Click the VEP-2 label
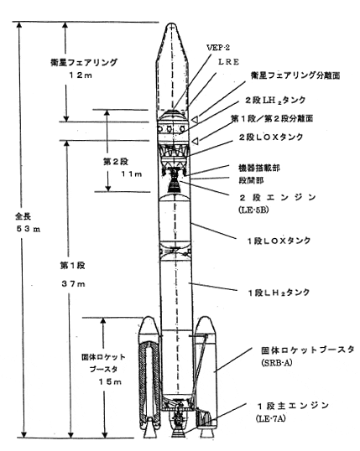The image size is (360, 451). (218, 48)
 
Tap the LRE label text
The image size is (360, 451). (229, 62)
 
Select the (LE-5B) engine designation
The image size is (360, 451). (253, 210)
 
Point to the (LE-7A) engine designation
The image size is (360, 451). (271, 418)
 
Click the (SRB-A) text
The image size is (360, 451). (277, 363)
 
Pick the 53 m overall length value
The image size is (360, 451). (29, 229)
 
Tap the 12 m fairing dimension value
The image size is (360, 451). (81, 75)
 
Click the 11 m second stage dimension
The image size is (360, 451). (132, 174)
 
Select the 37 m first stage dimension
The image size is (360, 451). (74, 284)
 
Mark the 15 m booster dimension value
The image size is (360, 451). (110, 381)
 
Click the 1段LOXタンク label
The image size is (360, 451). (279, 241)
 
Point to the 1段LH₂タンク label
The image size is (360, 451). (279, 293)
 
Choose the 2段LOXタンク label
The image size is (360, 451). (271, 137)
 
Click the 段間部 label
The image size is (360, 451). (251, 180)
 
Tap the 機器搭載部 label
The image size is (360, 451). (259, 168)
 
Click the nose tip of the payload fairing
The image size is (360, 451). (172, 23)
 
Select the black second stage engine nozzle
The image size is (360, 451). (174, 185)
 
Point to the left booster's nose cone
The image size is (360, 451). (149, 325)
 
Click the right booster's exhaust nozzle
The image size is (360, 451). (206, 432)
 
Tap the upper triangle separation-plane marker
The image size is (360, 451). (196, 119)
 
